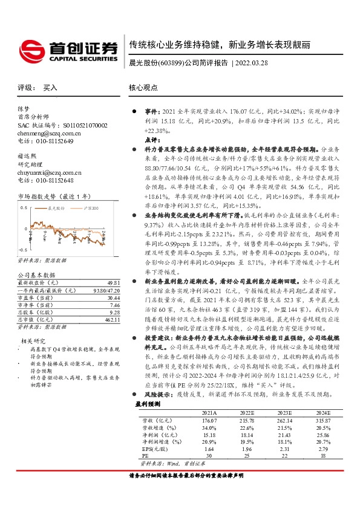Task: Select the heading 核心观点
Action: [143, 88]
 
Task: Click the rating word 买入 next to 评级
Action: [50, 88]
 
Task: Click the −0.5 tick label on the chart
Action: [23, 249]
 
